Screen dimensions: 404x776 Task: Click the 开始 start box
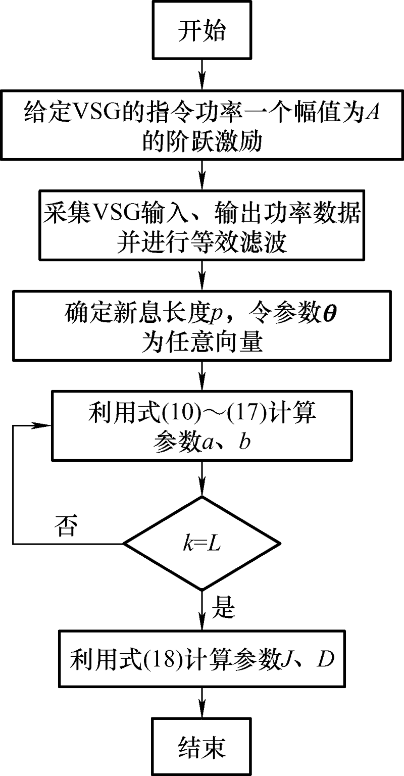point(202,30)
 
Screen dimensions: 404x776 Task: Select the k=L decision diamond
point(202,543)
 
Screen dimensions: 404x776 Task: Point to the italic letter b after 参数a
point(244,441)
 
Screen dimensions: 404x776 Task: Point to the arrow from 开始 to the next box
point(202,75)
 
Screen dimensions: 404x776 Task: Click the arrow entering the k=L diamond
point(202,478)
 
